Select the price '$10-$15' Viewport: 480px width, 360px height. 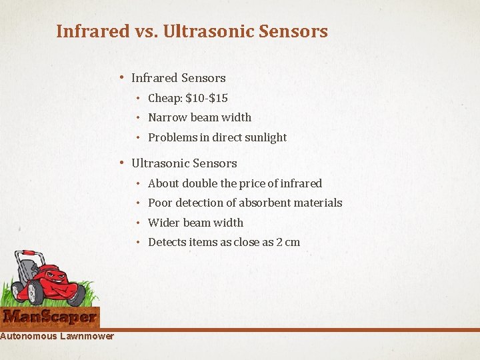[207, 98]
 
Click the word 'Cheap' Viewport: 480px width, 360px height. [164, 98]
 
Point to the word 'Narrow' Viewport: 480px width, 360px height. [167, 117]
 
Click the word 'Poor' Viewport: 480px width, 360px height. [160, 203]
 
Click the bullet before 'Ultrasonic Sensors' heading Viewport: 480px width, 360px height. [121, 163]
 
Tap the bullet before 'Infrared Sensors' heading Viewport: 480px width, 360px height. [121, 78]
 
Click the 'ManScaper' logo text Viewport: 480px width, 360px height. [50, 317]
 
